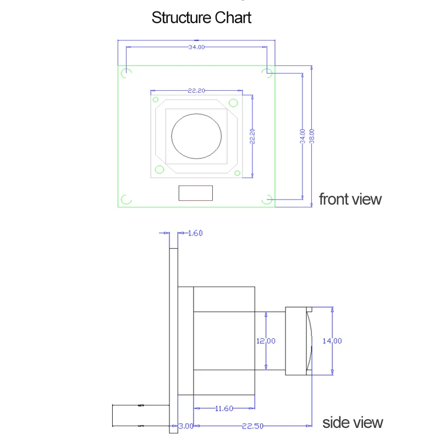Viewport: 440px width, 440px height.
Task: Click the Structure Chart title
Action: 201,18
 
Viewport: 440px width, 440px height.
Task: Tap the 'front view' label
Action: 350,199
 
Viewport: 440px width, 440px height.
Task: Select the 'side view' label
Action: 353,422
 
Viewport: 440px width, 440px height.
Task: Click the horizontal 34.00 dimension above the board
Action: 196,47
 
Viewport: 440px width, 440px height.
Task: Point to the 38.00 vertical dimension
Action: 312,136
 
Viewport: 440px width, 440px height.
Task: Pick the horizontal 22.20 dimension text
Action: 196,91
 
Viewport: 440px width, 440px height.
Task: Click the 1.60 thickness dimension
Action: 195,233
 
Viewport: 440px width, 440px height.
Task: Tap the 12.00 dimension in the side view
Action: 266,341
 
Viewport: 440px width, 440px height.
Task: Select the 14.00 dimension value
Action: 332,341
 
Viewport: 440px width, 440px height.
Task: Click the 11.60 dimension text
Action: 224,409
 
